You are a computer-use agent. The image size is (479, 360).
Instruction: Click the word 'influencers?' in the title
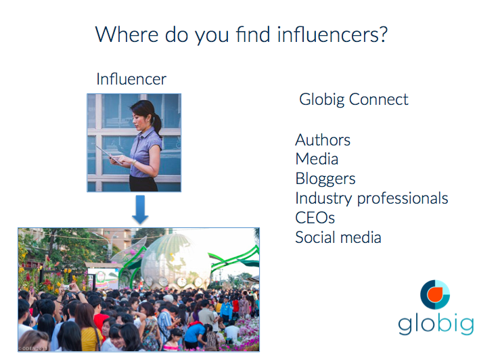(x=332, y=35)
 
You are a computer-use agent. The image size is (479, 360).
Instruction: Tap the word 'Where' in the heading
(x=127, y=35)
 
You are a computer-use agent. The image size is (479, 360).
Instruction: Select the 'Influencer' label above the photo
(x=131, y=79)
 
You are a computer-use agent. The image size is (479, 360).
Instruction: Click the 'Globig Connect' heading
(x=353, y=99)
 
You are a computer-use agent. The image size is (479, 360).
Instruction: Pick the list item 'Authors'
(x=323, y=140)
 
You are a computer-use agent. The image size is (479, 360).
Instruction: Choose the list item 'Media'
(x=317, y=159)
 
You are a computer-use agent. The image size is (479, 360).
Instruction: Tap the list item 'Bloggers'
(x=325, y=179)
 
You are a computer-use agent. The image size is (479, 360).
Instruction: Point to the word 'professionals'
(x=403, y=198)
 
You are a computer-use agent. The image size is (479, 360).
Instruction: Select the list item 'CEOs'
(x=315, y=218)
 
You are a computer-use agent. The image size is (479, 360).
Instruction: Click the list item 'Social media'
(x=338, y=238)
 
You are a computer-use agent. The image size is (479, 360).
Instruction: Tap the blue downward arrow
(x=140, y=210)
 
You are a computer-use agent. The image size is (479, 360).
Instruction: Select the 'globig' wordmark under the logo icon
(x=436, y=325)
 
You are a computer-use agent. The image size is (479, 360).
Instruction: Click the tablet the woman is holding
(x=110, y=155)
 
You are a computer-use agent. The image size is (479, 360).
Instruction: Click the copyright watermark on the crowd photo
(x=32, y=348)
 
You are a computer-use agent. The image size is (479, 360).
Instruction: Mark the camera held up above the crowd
(x=66, y=288)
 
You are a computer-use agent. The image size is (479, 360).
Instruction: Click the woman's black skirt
(x=143, y=183)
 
